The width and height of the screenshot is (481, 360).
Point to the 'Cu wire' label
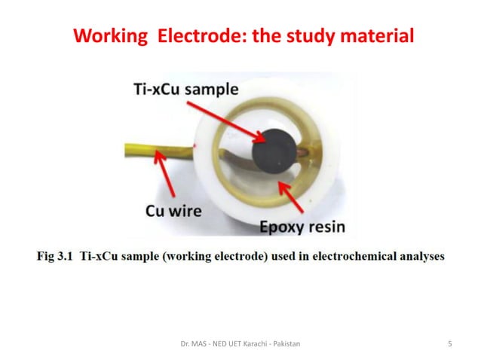click(173, 211)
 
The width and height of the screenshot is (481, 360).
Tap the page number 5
click(450, 344)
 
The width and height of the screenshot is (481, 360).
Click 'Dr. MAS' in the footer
click(188, 344)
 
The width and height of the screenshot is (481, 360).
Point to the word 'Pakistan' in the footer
click(283, 344)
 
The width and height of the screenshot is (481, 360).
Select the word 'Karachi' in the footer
click(247, 344)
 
